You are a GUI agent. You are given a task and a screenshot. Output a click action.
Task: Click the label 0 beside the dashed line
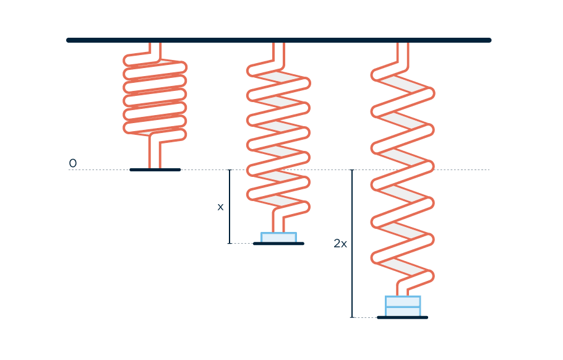pos(72,164)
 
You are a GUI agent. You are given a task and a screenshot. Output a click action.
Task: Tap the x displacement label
pos(220,207)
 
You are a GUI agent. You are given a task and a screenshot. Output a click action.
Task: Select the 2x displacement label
pos(340,244)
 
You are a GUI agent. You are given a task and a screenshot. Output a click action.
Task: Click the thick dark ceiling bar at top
pos(278,40)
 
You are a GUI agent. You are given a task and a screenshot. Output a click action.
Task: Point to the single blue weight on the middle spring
pos(278,238)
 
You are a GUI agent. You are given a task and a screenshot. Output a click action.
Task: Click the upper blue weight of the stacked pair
pos(403,302)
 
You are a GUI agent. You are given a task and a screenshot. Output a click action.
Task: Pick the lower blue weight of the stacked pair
pos(403,312)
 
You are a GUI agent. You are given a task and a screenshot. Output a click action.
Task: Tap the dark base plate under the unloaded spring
pos(155,169)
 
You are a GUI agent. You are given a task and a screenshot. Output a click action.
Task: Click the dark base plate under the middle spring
pos(278,244)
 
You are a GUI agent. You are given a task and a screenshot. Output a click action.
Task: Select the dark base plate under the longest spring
pos(402,317)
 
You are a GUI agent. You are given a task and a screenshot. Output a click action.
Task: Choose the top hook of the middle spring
pos(279,51)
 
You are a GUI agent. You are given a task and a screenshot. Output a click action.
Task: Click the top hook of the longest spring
pos(403,51)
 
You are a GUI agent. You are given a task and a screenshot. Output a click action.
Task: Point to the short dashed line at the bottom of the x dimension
pos(242,244)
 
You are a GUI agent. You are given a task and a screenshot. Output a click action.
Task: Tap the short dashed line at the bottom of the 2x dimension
pos(365,317)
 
